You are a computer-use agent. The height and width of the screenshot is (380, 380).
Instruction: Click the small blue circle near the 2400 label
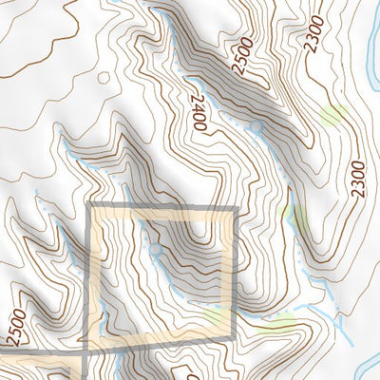click(x=256, y=126)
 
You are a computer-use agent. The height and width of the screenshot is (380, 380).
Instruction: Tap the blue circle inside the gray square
click(x=157, y=249)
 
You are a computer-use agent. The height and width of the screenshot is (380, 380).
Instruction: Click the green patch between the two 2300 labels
click(x=332, y=115)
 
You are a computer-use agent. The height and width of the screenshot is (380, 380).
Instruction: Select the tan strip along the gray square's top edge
click(x=161, y=216)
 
